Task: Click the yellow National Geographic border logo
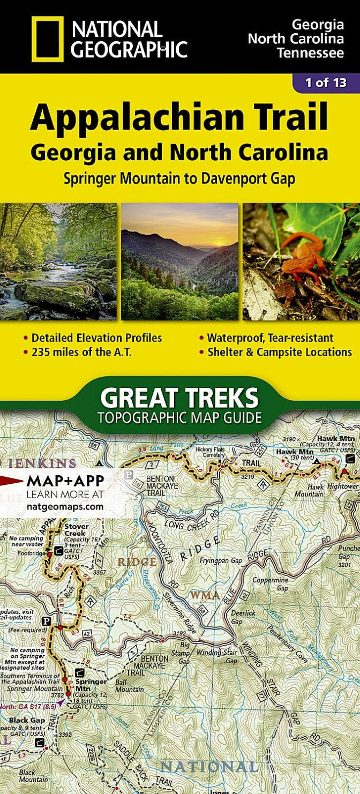tap(47, 38)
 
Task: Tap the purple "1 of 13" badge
tap(326, 83)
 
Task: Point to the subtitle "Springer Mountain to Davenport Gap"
tap(179, 178)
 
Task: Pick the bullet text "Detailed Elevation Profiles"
tap(96, 338)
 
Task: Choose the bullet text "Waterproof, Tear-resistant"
tap(270, 338)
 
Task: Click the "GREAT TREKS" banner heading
tap(179, 398)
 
